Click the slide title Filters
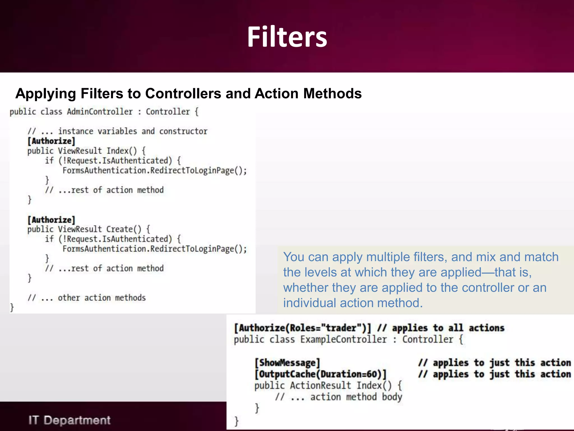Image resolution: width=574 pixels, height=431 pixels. [x=287, y=37]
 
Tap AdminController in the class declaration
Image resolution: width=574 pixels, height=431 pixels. [x=100, y=112]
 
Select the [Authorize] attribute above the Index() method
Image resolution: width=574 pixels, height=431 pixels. [x=51, y=141]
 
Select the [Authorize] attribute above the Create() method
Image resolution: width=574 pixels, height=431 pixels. [x=51, y=219]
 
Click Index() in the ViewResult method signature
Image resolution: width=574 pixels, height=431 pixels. [x=121, y=151]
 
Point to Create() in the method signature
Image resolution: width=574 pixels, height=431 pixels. [x=124, y=229]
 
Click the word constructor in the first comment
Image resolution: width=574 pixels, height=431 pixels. [x=183, y=131]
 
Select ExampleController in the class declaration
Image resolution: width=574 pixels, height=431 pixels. [x=343, y=340]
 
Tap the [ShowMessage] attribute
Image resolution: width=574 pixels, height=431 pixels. [x=287, y=363]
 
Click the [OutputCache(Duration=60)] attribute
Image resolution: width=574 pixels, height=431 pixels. [x=321, y=374]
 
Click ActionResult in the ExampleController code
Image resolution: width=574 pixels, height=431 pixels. [x=320, y=386]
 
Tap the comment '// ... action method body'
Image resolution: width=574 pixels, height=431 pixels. [x=339, y=397]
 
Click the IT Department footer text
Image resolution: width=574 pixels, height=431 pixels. [x=70, y=420]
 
